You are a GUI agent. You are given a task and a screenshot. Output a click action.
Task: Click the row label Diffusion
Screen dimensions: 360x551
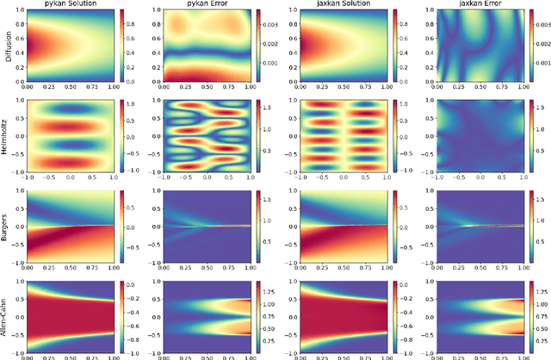6,45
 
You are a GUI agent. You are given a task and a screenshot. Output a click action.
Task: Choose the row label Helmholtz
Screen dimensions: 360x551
6,135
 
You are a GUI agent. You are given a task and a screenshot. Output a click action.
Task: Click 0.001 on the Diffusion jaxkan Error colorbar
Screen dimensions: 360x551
544,64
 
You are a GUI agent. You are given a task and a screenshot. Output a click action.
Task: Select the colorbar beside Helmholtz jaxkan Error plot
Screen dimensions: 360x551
530,135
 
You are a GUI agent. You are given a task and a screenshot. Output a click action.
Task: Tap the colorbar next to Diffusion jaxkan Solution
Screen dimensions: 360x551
393,45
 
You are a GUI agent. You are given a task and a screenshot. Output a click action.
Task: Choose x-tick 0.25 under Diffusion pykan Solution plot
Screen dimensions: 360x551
48,86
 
